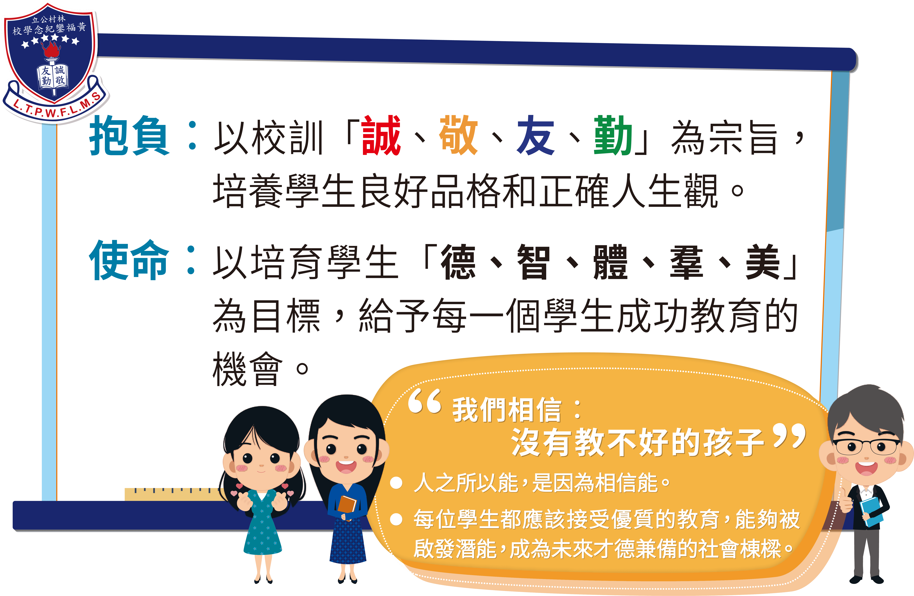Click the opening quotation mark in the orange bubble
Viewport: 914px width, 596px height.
pos(424,401)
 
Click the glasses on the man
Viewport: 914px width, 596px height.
pos(866,447)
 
